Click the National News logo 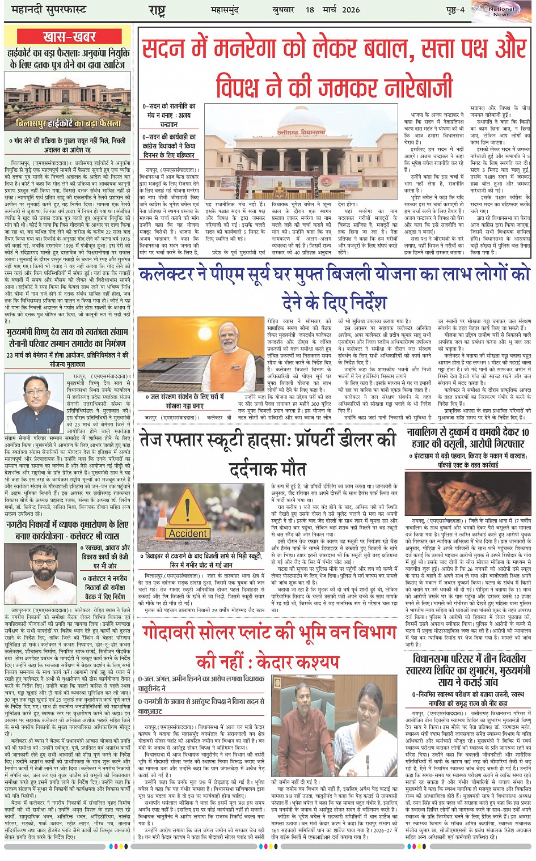pos(501,11)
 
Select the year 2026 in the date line pos(351,10)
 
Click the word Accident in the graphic pos(188,533)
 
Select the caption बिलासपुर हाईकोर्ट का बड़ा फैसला pos(69,123)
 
